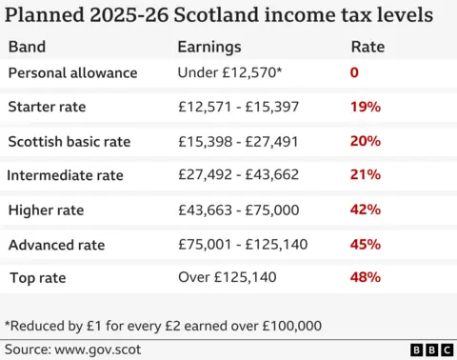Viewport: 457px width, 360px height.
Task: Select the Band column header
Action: [27, 47]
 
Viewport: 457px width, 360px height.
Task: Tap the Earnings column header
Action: [209, 47]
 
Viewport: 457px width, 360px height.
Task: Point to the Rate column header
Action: [367, 47]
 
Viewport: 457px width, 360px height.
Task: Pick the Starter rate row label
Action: [46, 108]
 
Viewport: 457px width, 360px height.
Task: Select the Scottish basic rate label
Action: [69, 142]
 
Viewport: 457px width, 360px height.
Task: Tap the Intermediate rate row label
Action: [66, 176]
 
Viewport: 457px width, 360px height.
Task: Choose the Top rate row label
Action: [37, 278]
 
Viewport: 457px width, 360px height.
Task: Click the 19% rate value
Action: [366, 108]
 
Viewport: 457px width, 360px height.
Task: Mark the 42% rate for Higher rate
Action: [366, 210]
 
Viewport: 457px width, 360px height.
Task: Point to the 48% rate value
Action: [366, 278]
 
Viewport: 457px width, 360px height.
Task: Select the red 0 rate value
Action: [355, 73]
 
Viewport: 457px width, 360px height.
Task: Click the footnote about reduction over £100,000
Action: [163, 325]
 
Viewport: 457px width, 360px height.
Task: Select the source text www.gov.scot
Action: [73, 350]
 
